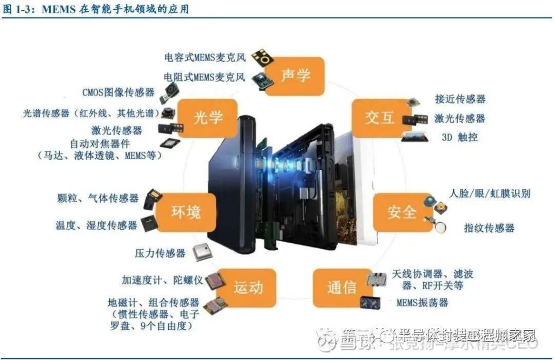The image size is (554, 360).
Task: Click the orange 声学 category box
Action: [295, 76]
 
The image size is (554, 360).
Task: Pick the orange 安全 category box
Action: [401, 212]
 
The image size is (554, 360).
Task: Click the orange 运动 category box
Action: [248, 288]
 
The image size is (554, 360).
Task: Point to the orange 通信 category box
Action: [342, 288]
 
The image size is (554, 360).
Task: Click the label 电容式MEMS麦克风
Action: [205, 57]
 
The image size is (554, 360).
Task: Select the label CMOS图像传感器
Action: [118, 92]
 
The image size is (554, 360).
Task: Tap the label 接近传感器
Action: [460, 99]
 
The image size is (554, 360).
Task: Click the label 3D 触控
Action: [459, 137]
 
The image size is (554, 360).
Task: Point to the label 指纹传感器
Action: [489, 228]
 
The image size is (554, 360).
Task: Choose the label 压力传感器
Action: [160, 253]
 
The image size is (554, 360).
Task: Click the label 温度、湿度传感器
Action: [96, 225]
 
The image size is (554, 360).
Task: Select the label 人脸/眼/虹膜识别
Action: [490, 194]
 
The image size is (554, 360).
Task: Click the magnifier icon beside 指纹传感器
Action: [439, 226]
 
